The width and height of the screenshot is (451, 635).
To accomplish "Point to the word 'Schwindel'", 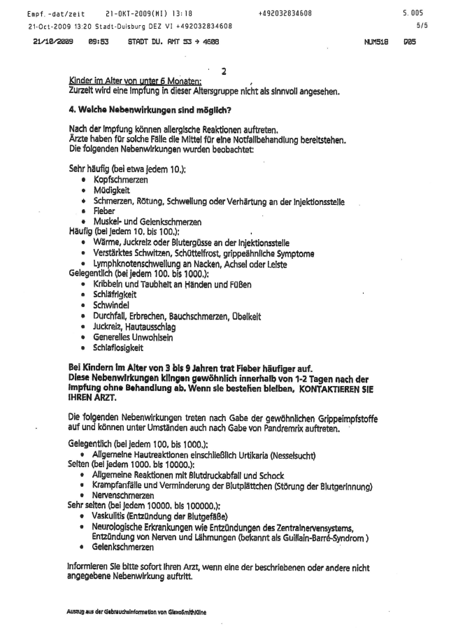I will pyautogui.click(x=110, y=306).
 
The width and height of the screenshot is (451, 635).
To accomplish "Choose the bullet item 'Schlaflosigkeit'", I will pyautogui.click(x=117, y=348).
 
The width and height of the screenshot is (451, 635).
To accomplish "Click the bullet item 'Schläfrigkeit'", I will pyautogui.click(x=115, y=295).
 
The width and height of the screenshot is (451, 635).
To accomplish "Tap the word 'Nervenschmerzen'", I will pyautogui.click(x=123, y=495).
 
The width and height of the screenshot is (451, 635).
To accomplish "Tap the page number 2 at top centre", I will pyautogui.click(x=224, y=71).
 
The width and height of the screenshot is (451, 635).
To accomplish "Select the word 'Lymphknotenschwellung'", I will pyautogui.click(x=136, y=264).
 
